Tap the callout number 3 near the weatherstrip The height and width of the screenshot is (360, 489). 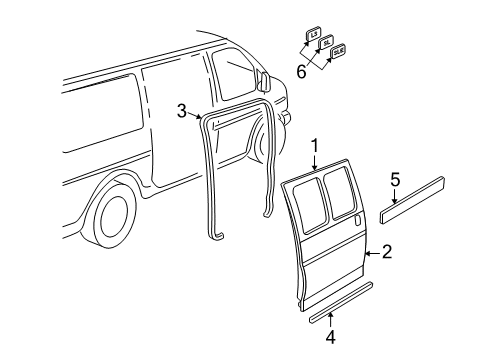pyautogui.click(x=182, y=111)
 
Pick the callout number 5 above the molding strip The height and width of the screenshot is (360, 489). pyautogui.click(x=395, y=180)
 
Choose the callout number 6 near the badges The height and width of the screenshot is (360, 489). pyautogui.click(x=301, y=70)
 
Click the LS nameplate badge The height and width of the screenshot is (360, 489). pyautogui.click(x=312, y=34)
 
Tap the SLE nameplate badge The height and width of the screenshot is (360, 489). pyautogui.click(x=338, y=51)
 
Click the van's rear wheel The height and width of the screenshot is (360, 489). pyautogui.click(x=113, y=216)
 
